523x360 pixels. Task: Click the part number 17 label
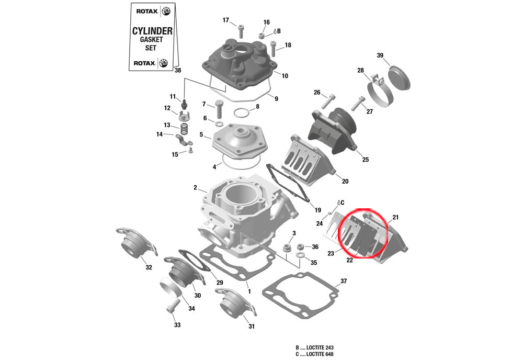tap(226, 20)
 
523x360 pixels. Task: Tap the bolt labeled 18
tap(274, 48)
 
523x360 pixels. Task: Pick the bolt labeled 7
tap(219, 109)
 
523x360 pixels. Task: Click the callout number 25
tap(365, 159)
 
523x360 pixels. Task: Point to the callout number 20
tap(345, 182)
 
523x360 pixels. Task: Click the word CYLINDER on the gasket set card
tap(152, 31)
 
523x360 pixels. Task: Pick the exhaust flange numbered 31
tap(234, 305)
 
